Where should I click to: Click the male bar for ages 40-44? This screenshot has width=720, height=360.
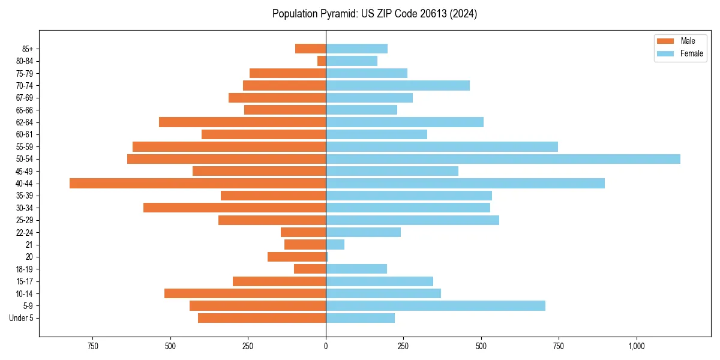pos(198,184)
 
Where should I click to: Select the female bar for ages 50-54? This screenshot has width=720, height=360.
pos(503,159)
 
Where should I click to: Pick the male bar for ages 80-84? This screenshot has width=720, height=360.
pos(322,61)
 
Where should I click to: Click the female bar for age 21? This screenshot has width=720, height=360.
pos(335,245)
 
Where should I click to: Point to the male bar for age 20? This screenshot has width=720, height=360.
pos(296,257)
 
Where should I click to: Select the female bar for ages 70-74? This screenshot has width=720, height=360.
pos(398,86)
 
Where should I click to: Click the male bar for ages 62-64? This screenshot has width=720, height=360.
pos(242,122)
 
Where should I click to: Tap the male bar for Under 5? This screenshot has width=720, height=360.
pos(262,318)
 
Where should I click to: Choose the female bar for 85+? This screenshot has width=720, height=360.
pos(356,49)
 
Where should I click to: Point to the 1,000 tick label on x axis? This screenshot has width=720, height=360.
pos(637,346)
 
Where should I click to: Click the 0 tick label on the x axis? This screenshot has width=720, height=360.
pos(326,346)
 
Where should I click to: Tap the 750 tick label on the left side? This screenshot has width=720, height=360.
pos(92,346)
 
